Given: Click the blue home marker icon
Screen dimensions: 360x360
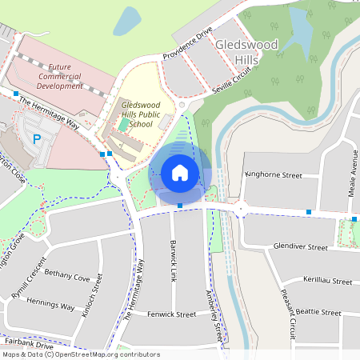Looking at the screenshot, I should pyautogui.click(x=179, y=172).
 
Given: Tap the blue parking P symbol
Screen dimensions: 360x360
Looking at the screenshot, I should pyautogui.click(x=37, y=139).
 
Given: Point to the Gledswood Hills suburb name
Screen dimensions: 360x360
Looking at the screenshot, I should pyautogui.click(x=246, y=52).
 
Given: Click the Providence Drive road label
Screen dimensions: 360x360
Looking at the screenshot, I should pyautogui.click(x=187, y=44).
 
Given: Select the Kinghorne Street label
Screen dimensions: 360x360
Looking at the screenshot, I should pyautogui.click(x=274, y=174).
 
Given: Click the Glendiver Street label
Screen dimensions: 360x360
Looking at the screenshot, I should pyautogui.click(x=300, y=248).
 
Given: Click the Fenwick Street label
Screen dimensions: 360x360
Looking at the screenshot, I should pyautogui.click(x=172, y=314).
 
